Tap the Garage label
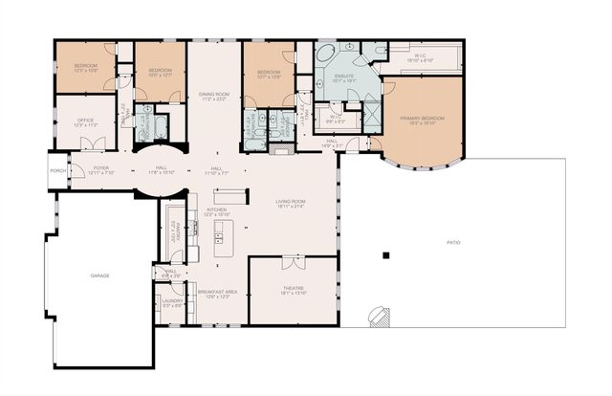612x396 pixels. point(100,275)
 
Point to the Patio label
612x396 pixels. point(453,243)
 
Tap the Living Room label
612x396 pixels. point(291,203)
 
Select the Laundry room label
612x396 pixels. point(172,304)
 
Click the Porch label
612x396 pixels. point(55,172)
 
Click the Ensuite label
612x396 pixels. point(345,78)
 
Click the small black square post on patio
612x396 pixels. point(385,255)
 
